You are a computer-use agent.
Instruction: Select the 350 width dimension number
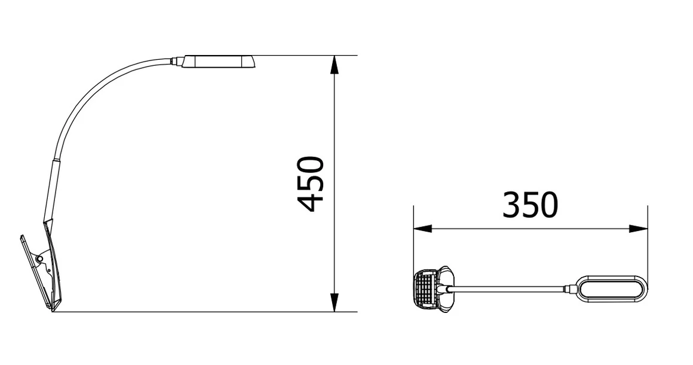[x=530, y=205]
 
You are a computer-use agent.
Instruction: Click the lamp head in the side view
[x=218, y=62]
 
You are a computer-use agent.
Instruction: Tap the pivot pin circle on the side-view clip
[x=39, y=258]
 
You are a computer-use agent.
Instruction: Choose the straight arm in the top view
[x=508, y=289]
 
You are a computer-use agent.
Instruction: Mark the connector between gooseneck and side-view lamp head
[x=176, y=60]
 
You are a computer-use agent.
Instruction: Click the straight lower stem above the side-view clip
[x=51, y=188]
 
